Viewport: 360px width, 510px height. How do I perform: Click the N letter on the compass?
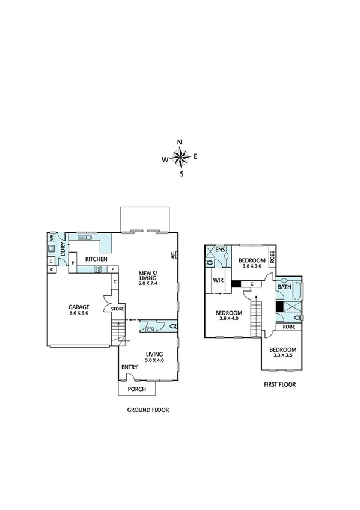point(180,142)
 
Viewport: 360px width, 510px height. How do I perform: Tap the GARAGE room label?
point(79,306)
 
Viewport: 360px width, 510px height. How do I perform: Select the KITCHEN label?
point(96,259)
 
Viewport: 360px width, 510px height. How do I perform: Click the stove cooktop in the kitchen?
point(98,269)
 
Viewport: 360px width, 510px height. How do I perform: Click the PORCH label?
point(136,389)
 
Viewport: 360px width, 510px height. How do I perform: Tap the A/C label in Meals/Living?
point(172,254)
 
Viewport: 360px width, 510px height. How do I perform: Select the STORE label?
point(117,309)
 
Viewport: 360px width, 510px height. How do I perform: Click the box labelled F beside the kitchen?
point(112,269)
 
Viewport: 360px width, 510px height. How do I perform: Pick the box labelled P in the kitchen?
point(72,263)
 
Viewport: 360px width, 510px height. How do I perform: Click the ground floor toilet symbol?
point(172,327)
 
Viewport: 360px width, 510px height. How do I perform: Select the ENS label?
point(220,250)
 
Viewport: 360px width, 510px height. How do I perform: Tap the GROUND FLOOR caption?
point(148,410)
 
